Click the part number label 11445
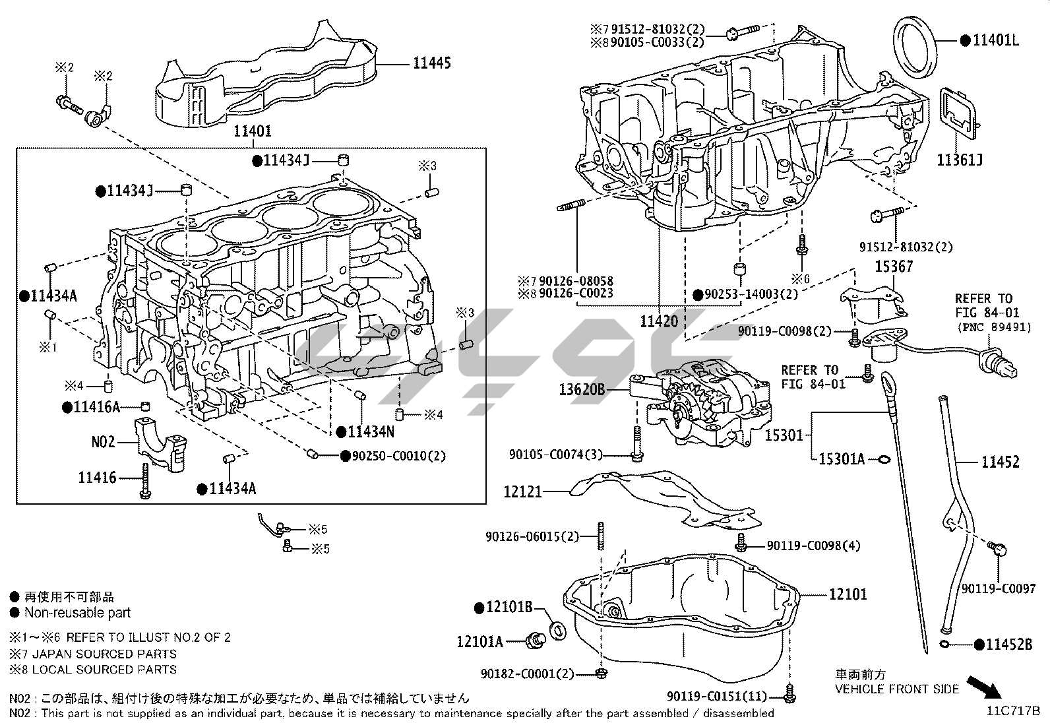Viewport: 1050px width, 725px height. [432, 63]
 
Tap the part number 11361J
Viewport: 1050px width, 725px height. [960, 160]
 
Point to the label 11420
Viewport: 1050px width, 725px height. [659, 322]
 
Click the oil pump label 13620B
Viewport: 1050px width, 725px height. [582, 390]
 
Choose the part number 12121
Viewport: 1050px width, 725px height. [522, 491]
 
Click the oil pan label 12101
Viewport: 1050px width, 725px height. [848, 594]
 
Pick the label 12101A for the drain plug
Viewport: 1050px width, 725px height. [479, 641]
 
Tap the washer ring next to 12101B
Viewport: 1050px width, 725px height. [557, 630]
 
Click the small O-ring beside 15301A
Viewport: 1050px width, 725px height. [882, 459]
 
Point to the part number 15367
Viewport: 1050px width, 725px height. [894, 267]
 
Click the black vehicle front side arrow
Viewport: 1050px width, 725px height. [984, 687]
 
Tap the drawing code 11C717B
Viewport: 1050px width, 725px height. [1013, 711]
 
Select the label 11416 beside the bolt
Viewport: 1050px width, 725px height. [97, 478]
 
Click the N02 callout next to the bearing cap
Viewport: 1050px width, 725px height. [103, 441]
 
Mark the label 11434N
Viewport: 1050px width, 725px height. [371, 432]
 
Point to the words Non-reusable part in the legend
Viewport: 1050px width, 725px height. [78, 613]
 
